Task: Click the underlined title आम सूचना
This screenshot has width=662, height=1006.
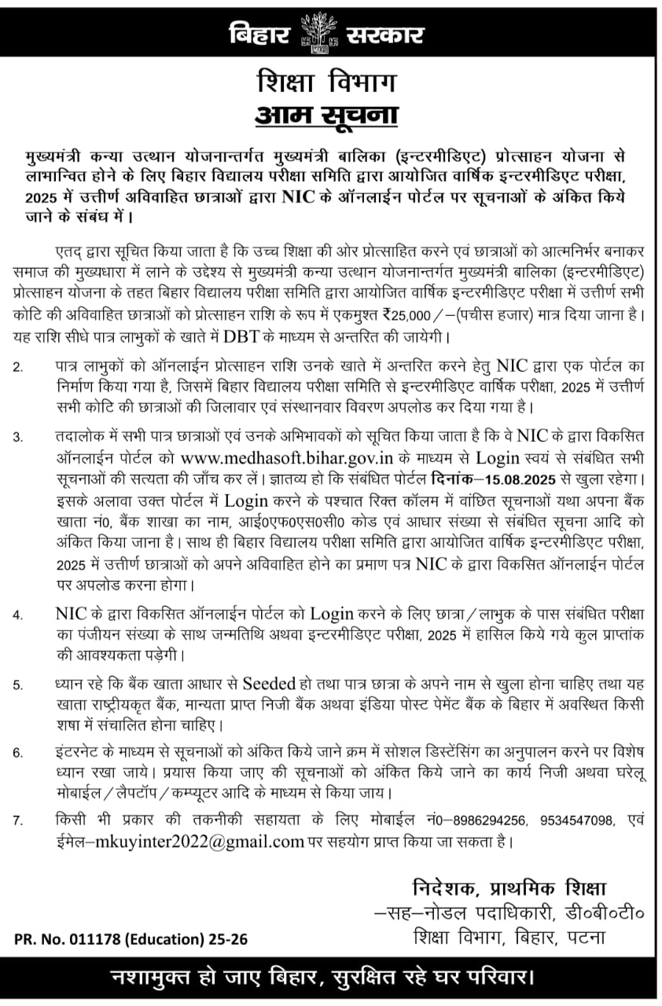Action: (326, 115)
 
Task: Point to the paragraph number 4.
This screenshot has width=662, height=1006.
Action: (19, 615)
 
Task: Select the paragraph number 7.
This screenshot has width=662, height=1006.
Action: (19, 821)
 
